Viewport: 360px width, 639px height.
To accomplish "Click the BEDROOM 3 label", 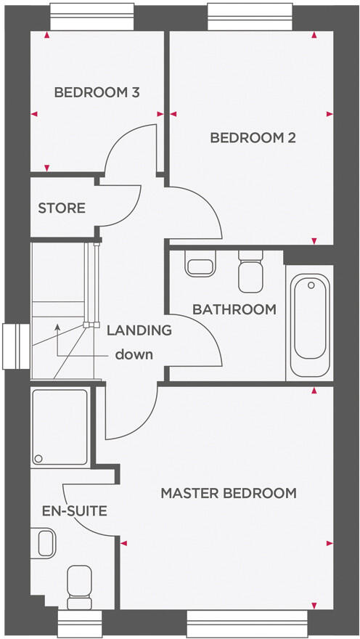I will click(x=97, y=93).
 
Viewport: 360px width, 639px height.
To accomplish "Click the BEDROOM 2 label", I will click(x=253, y=138).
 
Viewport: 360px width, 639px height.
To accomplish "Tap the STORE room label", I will click(x=62, y=208).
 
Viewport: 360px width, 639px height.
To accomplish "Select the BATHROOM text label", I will click(x=234, y=309).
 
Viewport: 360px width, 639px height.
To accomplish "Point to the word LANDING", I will click(x=139, y=330).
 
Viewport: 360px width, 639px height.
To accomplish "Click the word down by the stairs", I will click(x=134, y=355).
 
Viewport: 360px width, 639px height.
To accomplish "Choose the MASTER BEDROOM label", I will click(x=229, y=493).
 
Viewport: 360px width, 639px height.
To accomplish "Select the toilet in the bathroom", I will click(x=250, y=269).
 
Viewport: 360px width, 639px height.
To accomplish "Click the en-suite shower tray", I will click(x=60, y=428).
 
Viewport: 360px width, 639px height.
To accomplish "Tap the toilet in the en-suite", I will click(x=78, y=585).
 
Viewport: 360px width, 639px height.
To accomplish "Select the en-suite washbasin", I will click(x=45, y=542).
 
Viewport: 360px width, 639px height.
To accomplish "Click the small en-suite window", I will click(x=79, y=623).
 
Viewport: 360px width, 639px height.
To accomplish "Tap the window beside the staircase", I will click(x=14, y=346).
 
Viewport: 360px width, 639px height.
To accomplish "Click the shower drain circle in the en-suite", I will click(x=38, y=458).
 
